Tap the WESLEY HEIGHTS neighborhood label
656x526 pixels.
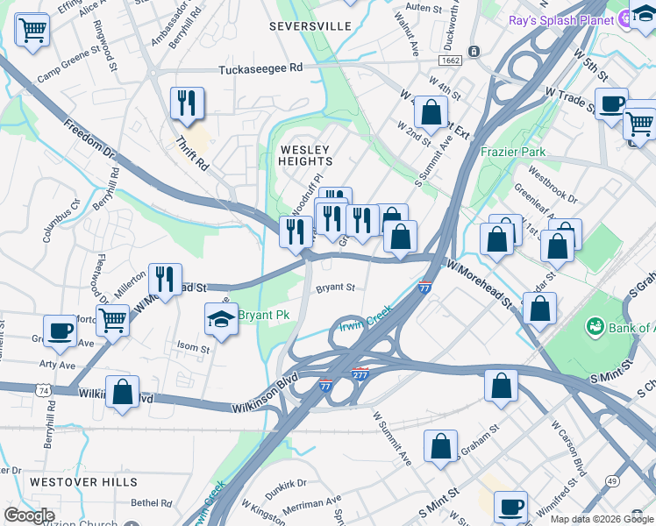pos(305,155)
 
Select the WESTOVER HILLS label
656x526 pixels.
pos(82,482)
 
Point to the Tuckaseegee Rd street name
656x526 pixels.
pos(260,68)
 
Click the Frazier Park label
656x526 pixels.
pos(513,152)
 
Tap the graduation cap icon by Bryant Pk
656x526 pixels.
pos(221,320)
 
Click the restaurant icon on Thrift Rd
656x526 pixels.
pos(187,103)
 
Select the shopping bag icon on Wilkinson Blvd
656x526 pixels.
pos(122,393)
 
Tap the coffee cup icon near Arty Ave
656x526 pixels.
pos(60,331)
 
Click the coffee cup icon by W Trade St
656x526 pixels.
pos(611,104)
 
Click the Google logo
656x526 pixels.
pos(28,515)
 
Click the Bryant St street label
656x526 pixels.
pos(335,287)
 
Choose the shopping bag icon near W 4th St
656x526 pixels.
pos(431,112)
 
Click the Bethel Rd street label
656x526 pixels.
pos(153,503)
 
